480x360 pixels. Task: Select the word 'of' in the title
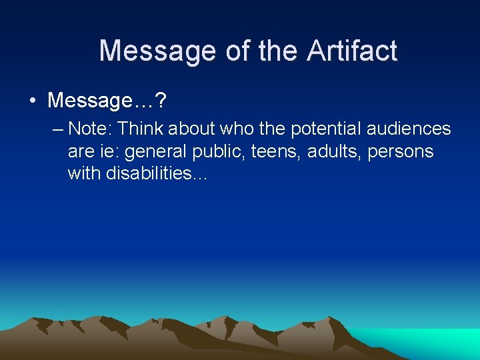tap(237, 51)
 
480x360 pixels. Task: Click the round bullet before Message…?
tap(32, 101)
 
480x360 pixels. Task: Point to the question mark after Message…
tap(161, 101)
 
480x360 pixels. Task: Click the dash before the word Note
tap(58, 129)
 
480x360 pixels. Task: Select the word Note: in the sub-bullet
tap(90, 129)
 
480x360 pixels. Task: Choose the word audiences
tap(409, 129)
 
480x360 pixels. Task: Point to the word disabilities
tap(157, 174)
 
